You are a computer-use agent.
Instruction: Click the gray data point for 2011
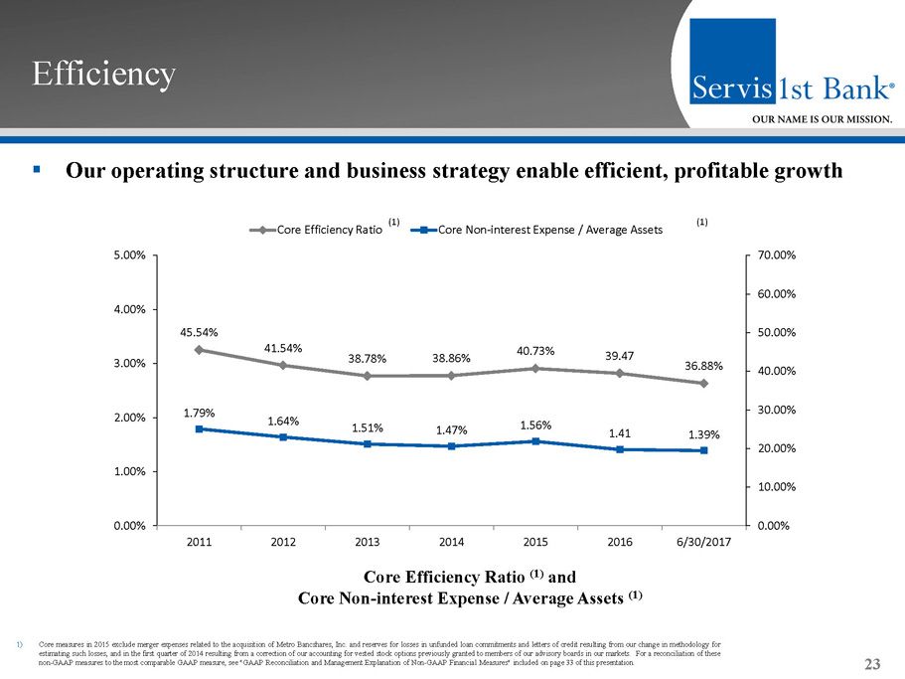pos(199,350)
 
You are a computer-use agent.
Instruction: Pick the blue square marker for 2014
pos(452,446)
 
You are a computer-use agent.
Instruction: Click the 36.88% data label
pos(703,365)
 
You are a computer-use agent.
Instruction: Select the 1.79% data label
pos(200,411)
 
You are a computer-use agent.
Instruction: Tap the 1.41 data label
pos(619,432)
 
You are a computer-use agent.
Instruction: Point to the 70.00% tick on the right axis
pos(774,255)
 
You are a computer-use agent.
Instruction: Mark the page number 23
pos(873,664)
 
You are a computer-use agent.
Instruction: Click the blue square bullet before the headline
pos(36,170)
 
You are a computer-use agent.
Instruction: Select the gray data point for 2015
pos(535,369)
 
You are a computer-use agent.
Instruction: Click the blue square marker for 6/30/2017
pos(703,450)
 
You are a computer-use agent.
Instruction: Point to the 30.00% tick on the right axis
pos(774,410)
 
